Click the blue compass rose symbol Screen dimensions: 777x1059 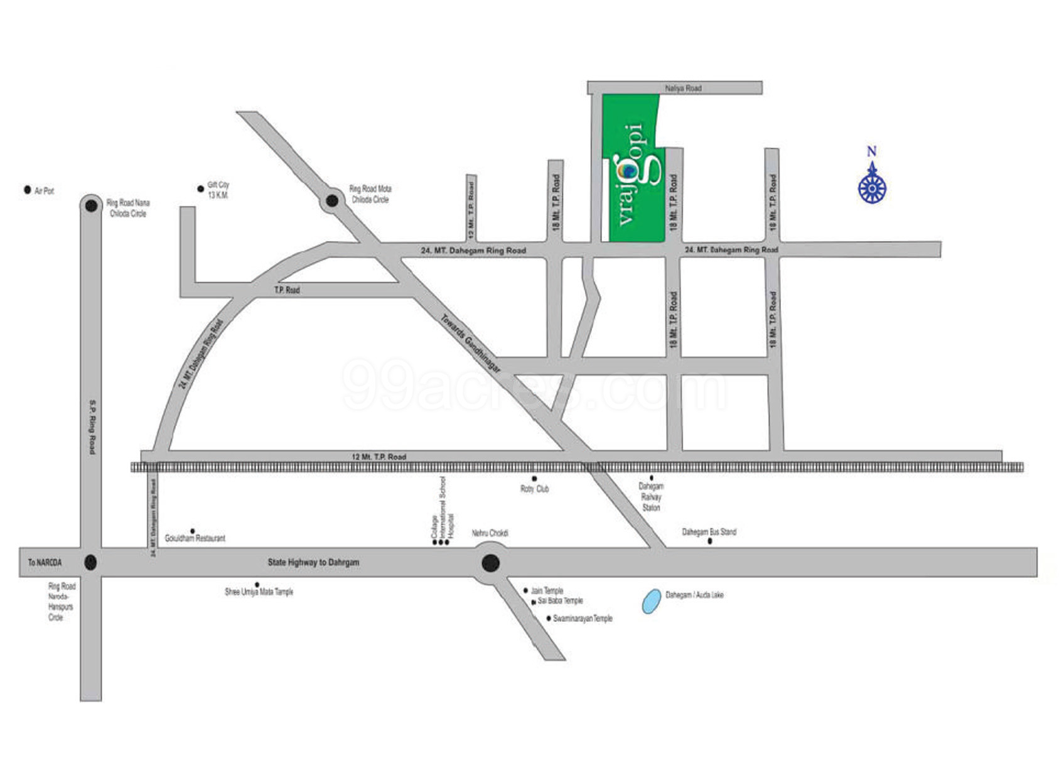tap(872, 187)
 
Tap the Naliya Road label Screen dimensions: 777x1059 tap(683, 88)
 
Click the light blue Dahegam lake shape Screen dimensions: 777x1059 tap(652, 601)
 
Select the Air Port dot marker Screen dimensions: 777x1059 tap(27, 190)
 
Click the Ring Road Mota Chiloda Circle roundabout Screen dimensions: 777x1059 tap(332, 201)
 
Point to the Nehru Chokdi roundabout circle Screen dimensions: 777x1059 tap(491, 563)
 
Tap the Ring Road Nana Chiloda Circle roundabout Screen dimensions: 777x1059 tap(91, 205)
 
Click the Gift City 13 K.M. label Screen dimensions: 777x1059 tap(218, 190)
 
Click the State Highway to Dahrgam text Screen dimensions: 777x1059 tap(313, 562)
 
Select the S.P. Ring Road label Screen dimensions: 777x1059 tap(92, 427)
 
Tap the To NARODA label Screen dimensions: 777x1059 tap(45, 563)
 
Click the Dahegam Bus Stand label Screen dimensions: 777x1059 tap(709, 532)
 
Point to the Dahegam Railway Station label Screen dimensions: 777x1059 tap(651, 496)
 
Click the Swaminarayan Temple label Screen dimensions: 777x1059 tap(582, 619)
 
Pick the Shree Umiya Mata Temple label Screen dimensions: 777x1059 tap(259, 592)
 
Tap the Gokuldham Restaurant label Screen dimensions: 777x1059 tap(195, 538)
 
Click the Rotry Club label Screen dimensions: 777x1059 tap(534, 489)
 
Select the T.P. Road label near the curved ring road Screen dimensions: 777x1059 tap(287, 290)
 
